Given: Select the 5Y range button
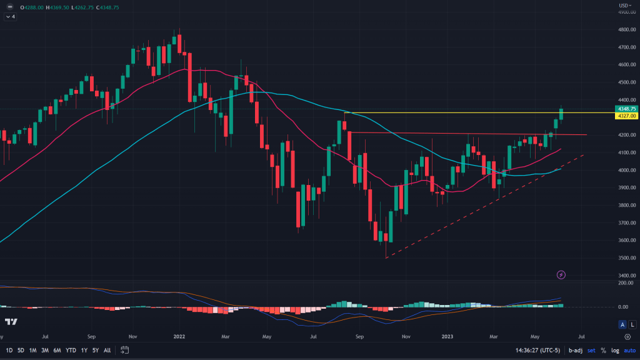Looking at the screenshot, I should coord(96,350).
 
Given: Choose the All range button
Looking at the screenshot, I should coord(107,350).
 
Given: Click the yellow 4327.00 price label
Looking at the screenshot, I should coord(627,116).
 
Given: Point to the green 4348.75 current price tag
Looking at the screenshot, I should coord(627,109).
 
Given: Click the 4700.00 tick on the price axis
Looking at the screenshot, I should coord(627,47).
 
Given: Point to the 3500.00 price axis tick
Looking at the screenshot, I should coord(627,257).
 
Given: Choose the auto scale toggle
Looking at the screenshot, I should coord(631,350).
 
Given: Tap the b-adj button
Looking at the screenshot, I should coord(576,350).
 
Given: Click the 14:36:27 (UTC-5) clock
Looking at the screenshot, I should coord(537,350).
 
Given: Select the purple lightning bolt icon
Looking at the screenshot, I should coord(561,274).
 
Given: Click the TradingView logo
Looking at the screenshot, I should coord(11,321).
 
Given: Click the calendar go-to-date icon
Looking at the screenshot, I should coord(125,350).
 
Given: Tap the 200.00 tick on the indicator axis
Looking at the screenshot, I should coord(627,283).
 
